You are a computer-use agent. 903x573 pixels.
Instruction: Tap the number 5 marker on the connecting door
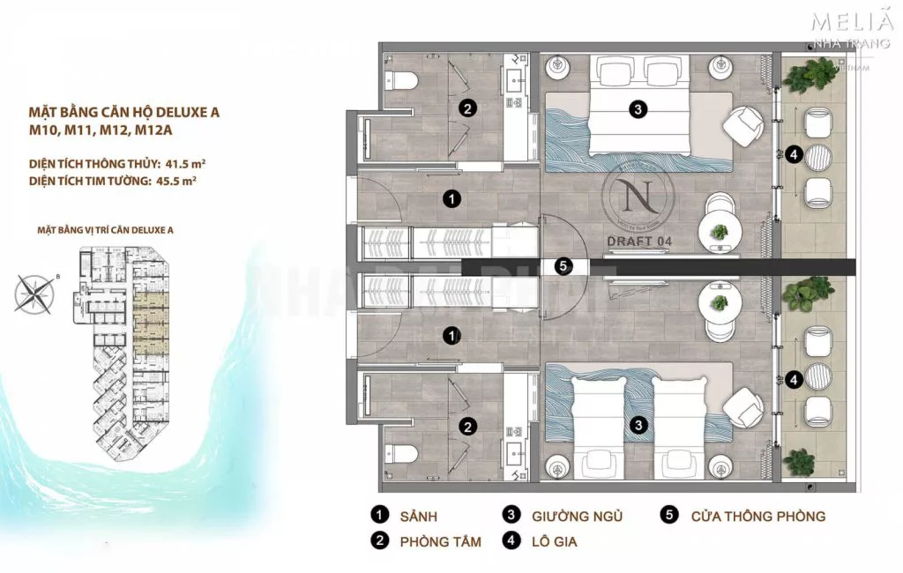pyautogui.click(x=564, y=265)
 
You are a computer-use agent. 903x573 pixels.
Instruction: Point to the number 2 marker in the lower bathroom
pyautogui.click(x=467, y=427)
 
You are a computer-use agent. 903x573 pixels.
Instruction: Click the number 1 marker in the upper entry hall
pyautogui.click(x=451, y=198)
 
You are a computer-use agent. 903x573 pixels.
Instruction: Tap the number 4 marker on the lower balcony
pyautogui.click(x=795, y=380)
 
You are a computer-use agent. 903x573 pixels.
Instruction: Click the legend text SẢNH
pyautogui.click(x=419, y=516)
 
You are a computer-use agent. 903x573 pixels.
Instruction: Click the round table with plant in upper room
pyautogui.click(x=720, y=232)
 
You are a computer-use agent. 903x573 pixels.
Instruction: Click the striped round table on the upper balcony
pyautogui.click(x=818, y=156)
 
